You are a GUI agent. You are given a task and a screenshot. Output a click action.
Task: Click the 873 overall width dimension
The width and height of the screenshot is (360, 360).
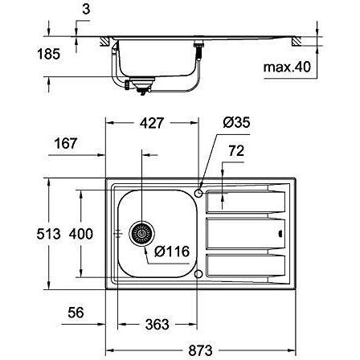200,350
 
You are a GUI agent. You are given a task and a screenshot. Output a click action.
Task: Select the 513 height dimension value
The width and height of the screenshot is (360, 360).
48,234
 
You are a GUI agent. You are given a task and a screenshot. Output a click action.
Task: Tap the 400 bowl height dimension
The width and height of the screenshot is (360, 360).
81,234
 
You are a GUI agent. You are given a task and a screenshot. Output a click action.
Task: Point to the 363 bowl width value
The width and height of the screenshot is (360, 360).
157,325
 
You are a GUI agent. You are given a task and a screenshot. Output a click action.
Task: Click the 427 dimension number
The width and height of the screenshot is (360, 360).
152,123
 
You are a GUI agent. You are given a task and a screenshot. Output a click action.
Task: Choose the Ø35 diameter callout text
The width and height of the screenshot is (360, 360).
236,122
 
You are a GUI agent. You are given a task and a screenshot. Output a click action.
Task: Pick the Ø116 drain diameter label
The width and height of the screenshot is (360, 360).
172,252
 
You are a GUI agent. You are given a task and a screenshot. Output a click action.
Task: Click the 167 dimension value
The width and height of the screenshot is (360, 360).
66,143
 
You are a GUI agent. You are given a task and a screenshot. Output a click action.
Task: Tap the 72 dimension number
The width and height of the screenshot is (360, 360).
236,151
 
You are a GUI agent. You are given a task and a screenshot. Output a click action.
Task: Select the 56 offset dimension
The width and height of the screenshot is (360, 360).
76,313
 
